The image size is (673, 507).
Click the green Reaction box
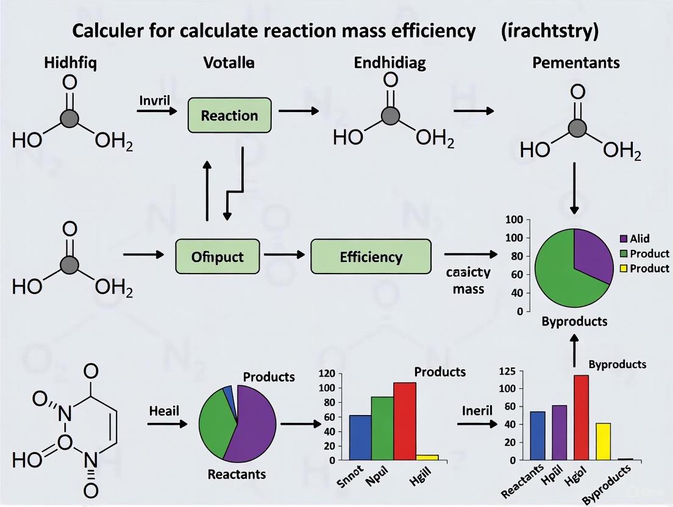(x=230, y=115)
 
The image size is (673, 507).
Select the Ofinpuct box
(x=218, y=257)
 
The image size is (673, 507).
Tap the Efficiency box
(x=371, y=257)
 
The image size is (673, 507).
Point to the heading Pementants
(x=577, y=62)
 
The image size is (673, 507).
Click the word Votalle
(x=230, y=62)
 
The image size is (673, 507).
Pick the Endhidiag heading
(x=390, y=62)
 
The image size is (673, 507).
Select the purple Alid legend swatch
(x=623, y=238)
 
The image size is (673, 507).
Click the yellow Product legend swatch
(x=623, y=268)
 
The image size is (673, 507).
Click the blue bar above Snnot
(x=360, y=438)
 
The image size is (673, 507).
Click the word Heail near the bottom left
(x=164, y=411)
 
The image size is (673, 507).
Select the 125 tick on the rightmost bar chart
(x=507, y=371)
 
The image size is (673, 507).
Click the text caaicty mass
(x=468, y=280)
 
